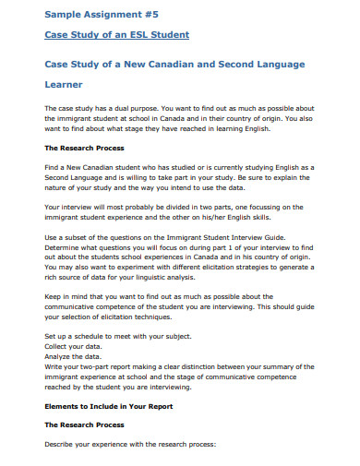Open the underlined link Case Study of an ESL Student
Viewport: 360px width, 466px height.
[x=116, y=35]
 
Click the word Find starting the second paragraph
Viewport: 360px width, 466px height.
[x=54, y=166]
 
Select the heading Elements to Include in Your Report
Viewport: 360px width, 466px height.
[x=116, y=405]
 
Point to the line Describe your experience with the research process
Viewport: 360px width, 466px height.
[x=129, y=444]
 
